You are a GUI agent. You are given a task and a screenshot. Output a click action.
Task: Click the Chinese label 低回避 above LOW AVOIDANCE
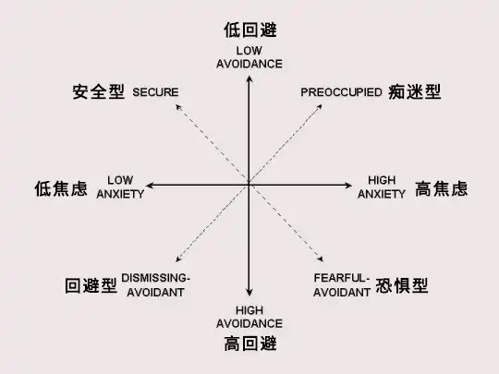250,30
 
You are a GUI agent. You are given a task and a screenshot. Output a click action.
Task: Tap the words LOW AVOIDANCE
249,57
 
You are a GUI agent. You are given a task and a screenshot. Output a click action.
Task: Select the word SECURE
155,92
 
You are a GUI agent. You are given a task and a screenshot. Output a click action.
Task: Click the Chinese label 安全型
98,92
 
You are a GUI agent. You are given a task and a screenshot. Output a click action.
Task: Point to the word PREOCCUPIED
341,92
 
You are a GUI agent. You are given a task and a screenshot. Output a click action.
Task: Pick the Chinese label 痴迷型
414,92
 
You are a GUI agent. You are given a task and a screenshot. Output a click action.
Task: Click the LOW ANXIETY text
120,187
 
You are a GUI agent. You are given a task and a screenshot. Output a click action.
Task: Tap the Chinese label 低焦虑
61,188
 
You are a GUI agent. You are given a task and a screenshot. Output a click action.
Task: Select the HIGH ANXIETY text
382,187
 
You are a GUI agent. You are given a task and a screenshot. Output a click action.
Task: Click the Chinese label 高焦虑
441,188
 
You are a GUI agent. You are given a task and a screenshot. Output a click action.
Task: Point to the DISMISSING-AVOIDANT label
155,285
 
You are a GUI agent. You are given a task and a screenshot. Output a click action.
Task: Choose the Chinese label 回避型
91,285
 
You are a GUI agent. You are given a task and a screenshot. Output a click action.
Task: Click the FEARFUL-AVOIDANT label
342,285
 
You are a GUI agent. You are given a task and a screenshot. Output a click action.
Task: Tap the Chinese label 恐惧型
402,285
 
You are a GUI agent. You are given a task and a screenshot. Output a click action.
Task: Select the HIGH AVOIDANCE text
249,317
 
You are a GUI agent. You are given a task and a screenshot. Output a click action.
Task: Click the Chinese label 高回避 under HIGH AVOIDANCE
250,344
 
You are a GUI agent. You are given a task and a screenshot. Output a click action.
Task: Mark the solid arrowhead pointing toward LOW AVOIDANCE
249,78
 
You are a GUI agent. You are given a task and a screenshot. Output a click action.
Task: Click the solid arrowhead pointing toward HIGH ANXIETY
348,185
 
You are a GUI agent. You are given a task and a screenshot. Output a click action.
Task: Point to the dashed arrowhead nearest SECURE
178,107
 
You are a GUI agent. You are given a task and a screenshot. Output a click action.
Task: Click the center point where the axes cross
249,185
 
